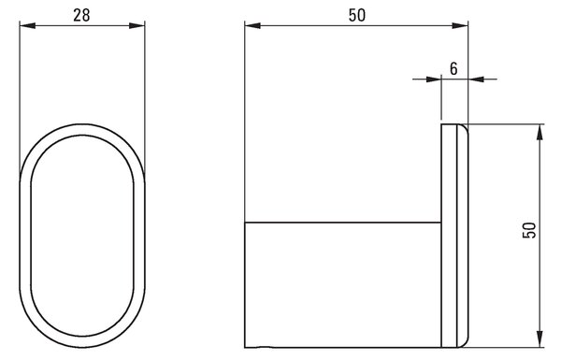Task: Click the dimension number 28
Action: pos(81,15)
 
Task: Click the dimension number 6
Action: pos(453,68)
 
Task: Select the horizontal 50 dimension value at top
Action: pos(357,15)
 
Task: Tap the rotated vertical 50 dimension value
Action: pos(529,230)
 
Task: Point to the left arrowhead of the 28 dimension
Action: pos(27,26)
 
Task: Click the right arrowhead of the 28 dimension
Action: pos(137,26)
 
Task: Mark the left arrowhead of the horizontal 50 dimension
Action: pos(253,26)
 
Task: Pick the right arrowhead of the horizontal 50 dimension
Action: pos(460,26)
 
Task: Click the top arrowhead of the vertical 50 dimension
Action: pos(540,133)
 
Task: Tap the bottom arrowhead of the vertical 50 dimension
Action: pos(540,338)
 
